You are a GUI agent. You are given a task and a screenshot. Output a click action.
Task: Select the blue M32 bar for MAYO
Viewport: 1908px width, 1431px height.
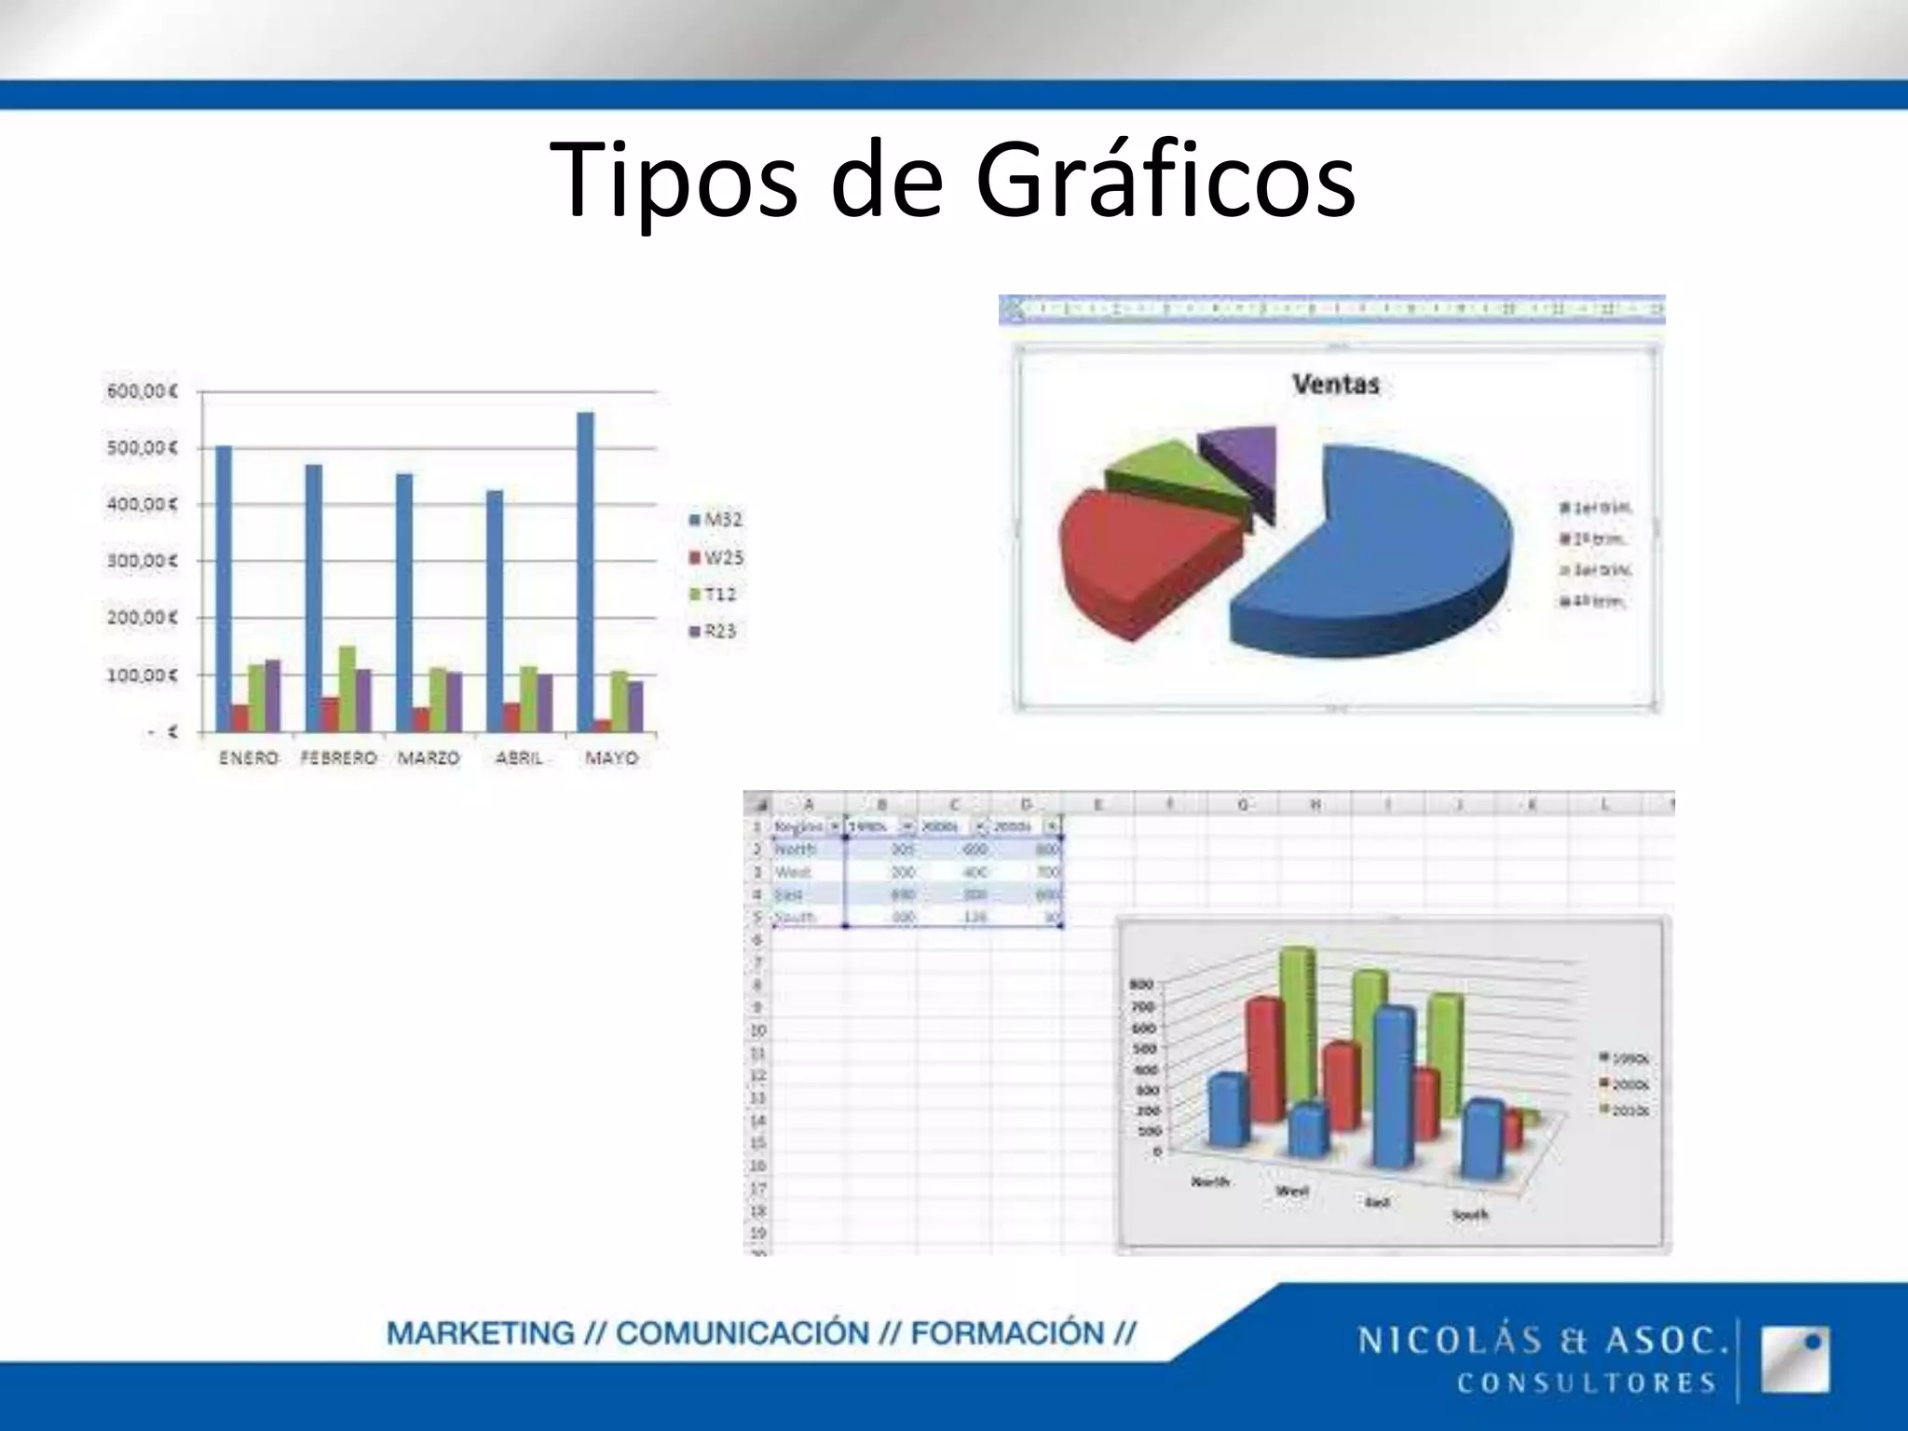(586, 568)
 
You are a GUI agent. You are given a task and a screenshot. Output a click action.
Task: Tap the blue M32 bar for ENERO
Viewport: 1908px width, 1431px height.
(225, 587)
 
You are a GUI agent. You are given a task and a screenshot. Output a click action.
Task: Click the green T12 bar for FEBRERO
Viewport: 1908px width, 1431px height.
(347, 688)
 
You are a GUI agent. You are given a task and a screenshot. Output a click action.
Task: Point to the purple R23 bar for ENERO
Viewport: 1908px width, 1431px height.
(273, 695)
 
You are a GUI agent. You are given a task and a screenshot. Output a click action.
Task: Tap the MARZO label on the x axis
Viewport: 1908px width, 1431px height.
(429, 758)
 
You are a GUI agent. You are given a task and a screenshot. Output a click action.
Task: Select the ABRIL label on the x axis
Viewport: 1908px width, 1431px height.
(519, 758)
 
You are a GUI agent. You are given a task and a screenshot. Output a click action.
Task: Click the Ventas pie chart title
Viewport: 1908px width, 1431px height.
(1335, 384)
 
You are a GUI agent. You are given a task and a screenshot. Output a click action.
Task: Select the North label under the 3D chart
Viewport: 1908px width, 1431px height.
(1210, 1181)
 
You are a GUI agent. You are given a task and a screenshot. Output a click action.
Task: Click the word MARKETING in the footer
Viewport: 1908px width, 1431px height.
(481, 1333)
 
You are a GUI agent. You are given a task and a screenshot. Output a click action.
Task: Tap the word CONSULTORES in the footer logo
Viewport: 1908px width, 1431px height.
(1587, 1383)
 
